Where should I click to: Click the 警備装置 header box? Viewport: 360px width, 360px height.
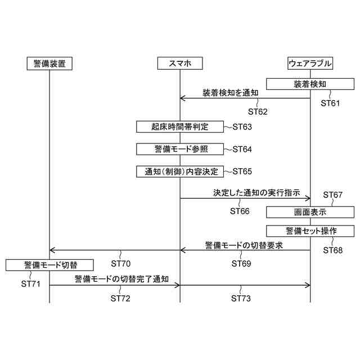[49, 64]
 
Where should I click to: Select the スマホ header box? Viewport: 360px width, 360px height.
[180, 64]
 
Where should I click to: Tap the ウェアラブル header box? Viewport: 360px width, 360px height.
[310, 64]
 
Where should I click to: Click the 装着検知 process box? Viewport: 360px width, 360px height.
[310, 84]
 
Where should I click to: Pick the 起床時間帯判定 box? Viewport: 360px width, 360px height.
[180, 127]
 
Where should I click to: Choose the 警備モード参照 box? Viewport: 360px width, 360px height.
[180, 148]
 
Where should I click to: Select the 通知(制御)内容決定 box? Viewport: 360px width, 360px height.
[180, 170]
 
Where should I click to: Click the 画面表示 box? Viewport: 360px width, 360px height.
[310, 213]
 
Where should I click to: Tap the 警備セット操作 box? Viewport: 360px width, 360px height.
[310, 231]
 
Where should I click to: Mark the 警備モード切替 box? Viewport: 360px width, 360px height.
[50, 264]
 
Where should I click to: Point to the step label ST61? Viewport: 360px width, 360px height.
[331, 103]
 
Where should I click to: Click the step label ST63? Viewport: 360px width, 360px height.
[242, 127]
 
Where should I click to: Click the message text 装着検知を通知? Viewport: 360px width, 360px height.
[231, 92]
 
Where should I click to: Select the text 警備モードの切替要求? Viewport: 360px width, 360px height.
[243, 245]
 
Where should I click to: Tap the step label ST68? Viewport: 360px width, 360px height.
[332, 250]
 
